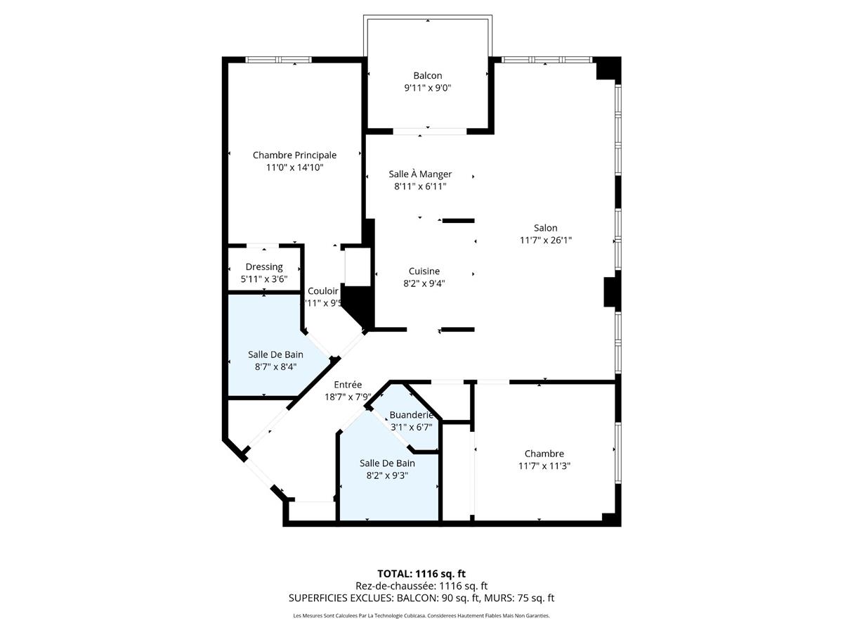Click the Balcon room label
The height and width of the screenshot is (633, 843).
click(427, 75)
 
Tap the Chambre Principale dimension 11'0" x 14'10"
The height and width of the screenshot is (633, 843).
click(294, 167)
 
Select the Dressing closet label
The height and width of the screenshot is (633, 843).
click(264, 267)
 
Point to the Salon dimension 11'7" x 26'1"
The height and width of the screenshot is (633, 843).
click(545, 240)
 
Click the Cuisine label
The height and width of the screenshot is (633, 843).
click(424, 271)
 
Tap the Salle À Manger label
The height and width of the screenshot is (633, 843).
click(420, 174)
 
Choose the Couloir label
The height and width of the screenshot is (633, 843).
click(323, 290)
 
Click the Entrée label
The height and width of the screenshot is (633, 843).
click(348, 384)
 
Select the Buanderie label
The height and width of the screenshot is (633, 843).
click(411, 414)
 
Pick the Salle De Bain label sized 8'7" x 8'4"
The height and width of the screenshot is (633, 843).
click(275, 354)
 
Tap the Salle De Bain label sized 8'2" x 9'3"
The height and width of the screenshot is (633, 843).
click(387, 463)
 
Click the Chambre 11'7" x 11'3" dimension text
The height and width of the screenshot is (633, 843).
click(544, 466)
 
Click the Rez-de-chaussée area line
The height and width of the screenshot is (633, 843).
click(421, 585)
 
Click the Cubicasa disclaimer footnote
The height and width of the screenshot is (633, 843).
click(421, 616)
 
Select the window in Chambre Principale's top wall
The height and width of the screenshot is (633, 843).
click(278, 60)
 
